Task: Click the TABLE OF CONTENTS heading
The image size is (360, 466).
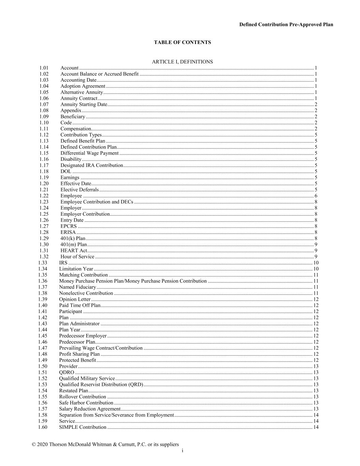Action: pyautogui.click(x=182, y=42)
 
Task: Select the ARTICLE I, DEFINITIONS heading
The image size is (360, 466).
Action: pyautogui.click(x=182, y=62)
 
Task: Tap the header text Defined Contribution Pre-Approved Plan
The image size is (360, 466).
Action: pyautogui.click(x=286, y=25)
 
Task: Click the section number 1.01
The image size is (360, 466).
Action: pyautogui.click(x=44, y=68)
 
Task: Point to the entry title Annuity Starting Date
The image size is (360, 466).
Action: pyautogui.click(x=84, y=104)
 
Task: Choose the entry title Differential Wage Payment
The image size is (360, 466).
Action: pyautogui.click(x=89, y=153)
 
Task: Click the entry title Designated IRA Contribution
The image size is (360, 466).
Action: pyautogui.click(x=91, y=165)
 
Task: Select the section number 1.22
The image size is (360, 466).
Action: pyautogui.click(x=44, y=196)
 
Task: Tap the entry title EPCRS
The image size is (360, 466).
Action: pyautogui.click(x=69, y=226)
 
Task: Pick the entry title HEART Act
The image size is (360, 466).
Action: pyautogui.click(x=73, y=251)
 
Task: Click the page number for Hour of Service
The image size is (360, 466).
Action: pyautogui.click(x=316, y=257)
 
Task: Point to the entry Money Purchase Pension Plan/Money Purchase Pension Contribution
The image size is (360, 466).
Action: pyautogui.click(x=133, y=281)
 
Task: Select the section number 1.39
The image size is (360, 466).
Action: pyautogui.click(x=43, y=299)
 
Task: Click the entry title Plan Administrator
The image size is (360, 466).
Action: pyautogui.click(x=79, y=324)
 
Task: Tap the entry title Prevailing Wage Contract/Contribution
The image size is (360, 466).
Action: pyautogui.click(x=101, y=348)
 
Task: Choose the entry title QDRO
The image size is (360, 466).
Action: pyautogui.click(x=67, y=372)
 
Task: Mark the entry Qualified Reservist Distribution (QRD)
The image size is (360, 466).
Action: pyautogui.click(x=101, y=385)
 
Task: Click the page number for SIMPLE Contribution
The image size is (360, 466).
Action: pyautogui.click(x=316, y=427)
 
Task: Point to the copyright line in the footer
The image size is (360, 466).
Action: pyautogui.click(x=105, y=444)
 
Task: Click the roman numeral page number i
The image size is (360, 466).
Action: pyautogui.click(x=183, y=451)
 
